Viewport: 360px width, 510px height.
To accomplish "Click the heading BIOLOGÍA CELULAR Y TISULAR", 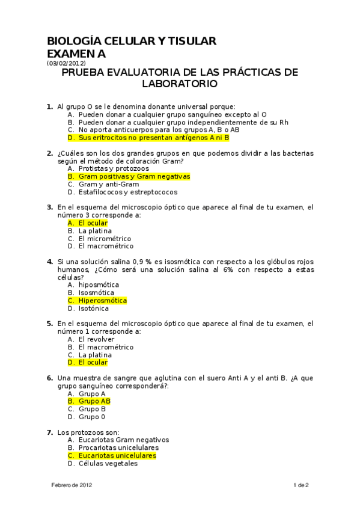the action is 132,41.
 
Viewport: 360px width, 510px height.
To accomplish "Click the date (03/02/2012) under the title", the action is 66,63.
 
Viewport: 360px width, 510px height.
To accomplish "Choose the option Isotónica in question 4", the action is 93,309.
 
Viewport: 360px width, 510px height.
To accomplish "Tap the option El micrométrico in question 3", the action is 105,238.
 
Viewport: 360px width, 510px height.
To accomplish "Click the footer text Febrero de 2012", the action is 72,485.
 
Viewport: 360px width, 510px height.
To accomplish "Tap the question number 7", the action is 50,432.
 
